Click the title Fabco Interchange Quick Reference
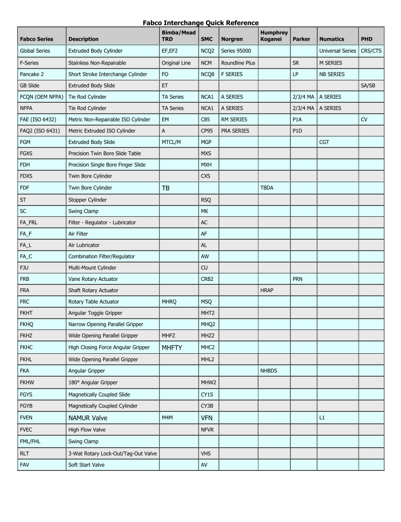(x=200, y=23)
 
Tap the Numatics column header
(x=332, y=39)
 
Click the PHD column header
(x=366, y=39)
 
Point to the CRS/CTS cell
(x=371, y=51)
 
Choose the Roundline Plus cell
(x=238, y=63)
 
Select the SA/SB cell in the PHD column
(x=368, y=86)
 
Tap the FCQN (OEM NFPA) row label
(x=41, y=97)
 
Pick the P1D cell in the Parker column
(x=298, y=131)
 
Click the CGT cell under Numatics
(x=325, y=142)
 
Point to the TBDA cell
(x=267, y=188)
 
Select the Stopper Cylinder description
(x=87, y=200)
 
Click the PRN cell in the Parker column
(x=298, y=279)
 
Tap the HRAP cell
(x=267, y=291)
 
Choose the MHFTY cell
(x=173, y=348)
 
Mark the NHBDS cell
(x=268, y=371)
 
